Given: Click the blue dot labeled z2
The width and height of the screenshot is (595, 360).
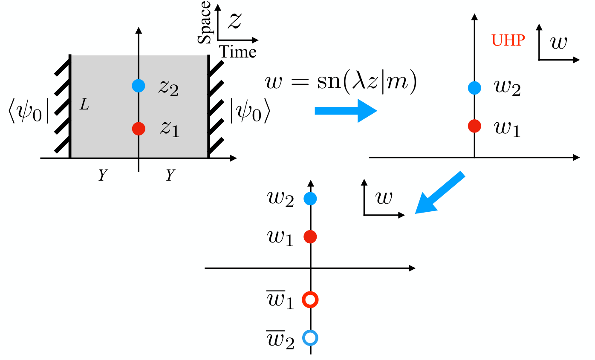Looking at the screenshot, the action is click(139, 86).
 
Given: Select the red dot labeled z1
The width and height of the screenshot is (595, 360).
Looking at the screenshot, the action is click(139, 129).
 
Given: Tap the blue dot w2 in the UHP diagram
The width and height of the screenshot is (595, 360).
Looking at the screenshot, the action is click(474, 88).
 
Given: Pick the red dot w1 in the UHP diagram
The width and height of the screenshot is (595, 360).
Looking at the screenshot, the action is click(474, 126).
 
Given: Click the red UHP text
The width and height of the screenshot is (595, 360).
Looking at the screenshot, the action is click(508, 40).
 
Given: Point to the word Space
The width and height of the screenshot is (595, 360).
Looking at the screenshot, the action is click(204, 22).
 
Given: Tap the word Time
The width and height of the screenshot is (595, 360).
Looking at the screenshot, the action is click(237, 52).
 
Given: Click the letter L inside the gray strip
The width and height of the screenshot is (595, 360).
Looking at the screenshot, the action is click(84, 104).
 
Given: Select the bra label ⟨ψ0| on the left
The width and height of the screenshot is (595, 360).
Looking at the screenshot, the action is click(29, 111).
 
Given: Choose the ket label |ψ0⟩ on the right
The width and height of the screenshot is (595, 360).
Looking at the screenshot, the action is click(250, 111).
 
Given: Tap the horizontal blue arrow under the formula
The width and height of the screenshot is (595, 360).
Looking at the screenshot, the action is click(346, 111).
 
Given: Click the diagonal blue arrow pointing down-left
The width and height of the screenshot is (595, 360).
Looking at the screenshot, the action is click(439, 193).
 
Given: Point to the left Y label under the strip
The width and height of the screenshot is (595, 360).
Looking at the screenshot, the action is click(103, 175).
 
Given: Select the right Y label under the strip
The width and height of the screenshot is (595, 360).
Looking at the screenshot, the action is click(170, 175).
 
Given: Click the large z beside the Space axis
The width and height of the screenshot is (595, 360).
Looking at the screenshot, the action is click(234, 21).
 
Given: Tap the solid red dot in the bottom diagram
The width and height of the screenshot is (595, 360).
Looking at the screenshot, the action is click(310, 236).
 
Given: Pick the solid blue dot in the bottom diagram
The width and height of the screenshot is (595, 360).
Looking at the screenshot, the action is click(310, 199).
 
